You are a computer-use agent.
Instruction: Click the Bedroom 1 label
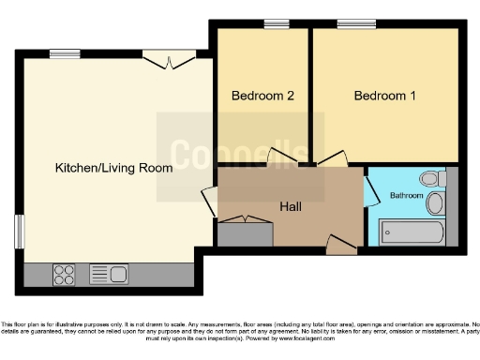click(384, 96)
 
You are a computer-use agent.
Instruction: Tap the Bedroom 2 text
click(263, 96)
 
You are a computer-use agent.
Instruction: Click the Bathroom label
click(406, 195)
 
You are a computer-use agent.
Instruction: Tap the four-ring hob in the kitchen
click(65, 275)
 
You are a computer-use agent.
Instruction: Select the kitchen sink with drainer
click(108, 275)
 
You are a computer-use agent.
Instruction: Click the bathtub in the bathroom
click(412, 232)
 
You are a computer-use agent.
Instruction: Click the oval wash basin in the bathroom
click(435, 203)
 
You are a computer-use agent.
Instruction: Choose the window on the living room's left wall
click(18, 232)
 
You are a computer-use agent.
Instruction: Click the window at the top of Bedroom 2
click(276, 23)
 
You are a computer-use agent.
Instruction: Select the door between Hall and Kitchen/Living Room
click(210, 202)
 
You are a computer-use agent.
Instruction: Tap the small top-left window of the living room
click(64, 53)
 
